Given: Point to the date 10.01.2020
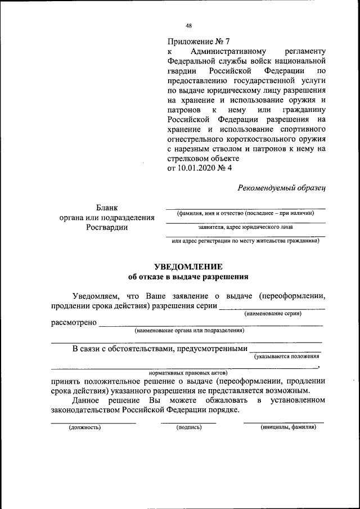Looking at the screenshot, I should tap(195, 168).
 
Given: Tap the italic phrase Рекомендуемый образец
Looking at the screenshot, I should tap(281, 188).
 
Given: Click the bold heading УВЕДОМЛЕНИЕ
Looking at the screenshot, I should tap(188, 267).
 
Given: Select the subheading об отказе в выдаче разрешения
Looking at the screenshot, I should tap(188, 277).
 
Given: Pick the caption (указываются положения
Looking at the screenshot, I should tap(287, 357).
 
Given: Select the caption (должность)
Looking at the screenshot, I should tap(85, 427).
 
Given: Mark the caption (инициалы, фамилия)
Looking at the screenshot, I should tap(288, 427).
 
